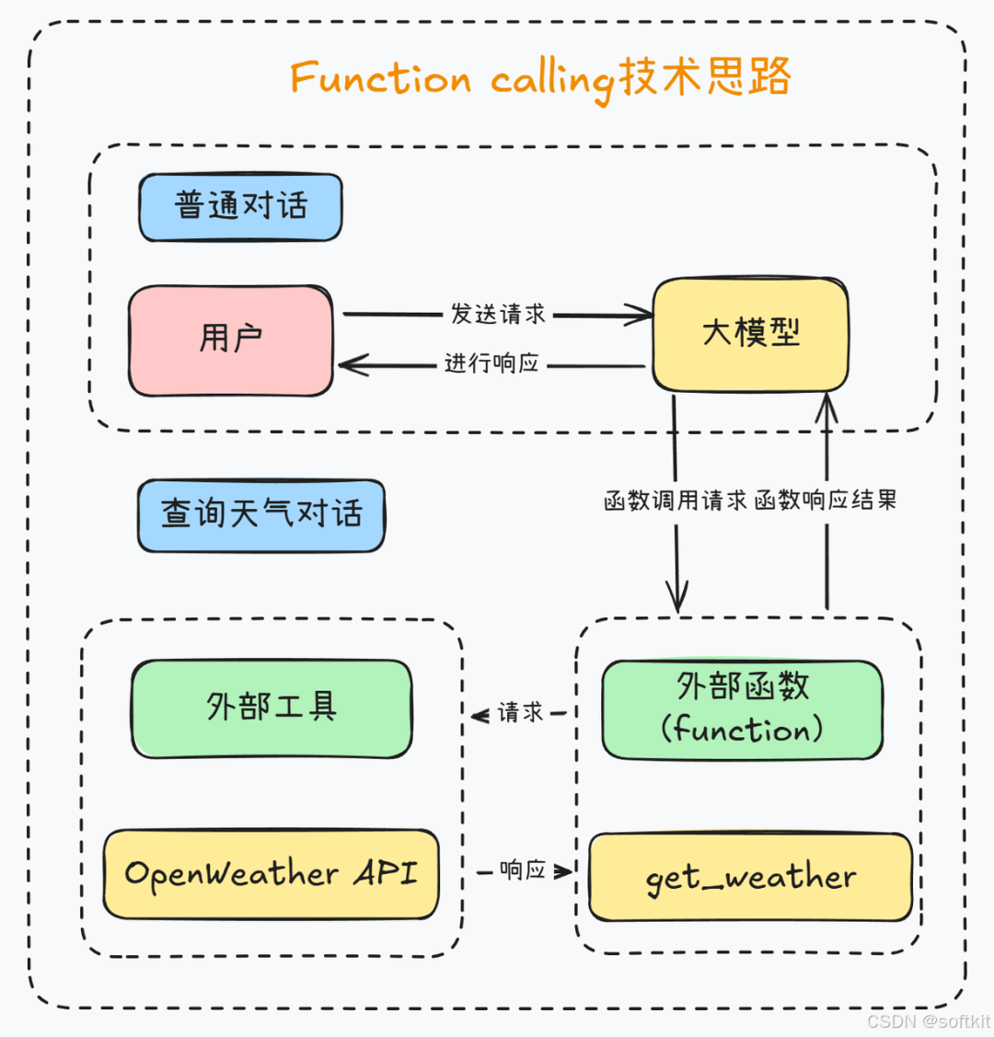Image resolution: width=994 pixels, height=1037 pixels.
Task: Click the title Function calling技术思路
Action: pyautogui.click(x=541, y=78)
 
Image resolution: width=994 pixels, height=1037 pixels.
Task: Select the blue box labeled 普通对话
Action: pyautogui.click(x=240, y=206)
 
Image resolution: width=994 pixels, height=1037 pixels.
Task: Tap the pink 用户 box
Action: pyautogui.click(x=231, y=340)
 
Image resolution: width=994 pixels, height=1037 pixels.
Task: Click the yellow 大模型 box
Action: pyautogui.click(x=750, y=333)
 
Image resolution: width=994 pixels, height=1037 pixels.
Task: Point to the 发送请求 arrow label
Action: pyautogui.click(x=498, y=314)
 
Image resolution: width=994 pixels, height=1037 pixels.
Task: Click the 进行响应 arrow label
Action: pyautogui.click(x=491, y=364)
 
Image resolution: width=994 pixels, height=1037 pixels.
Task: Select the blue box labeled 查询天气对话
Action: pyautogui.click(x=261, y=514)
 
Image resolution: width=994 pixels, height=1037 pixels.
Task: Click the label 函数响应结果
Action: pyautogui.click(x=826, y=501)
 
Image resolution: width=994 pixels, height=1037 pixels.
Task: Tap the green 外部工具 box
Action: pyautogui.click(x=272, y=708)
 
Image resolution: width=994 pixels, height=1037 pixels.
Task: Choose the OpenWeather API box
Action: pyautogui.click(x=271, y=874)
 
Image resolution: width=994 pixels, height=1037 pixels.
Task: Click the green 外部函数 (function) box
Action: pyautogui.click(x=742, y=709)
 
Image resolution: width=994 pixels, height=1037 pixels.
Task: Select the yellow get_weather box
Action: pyautogui.click(x=750, y=878)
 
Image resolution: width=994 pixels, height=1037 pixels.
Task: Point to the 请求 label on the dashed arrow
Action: pyautogui.click(x=521, y=712)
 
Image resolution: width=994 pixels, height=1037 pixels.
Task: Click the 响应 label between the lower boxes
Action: pyautogui.click(x=523, y=870)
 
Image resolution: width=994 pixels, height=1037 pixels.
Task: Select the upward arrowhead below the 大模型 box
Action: pyautogui.click(x=826, y=405)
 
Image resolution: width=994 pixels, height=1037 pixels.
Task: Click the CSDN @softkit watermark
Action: pyautogui.click(x=929, y=1021)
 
